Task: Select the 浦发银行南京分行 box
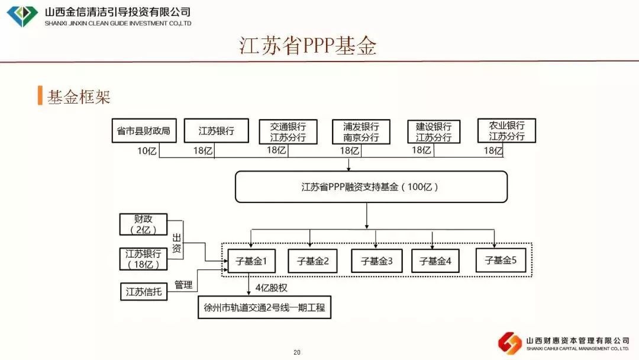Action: point(361,131)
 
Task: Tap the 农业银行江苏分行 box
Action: point(506,131)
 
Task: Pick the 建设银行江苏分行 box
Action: point(433,131)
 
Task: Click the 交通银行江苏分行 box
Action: point(288,131)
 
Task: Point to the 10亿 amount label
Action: point(147,151)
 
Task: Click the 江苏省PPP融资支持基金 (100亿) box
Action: point(371,187)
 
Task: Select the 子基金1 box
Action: point(252,261)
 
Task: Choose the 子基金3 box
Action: point(376,261)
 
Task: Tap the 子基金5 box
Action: point(501,260)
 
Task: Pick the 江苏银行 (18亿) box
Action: point(143,259)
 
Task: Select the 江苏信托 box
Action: point(143,291)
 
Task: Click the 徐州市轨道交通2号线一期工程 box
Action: point(264,308)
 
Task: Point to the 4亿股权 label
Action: point(272,288)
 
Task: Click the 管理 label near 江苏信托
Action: point(183,285)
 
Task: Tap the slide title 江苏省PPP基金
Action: point(308,46)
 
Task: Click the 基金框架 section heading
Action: point(79,97)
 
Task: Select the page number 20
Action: point(296,352)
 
